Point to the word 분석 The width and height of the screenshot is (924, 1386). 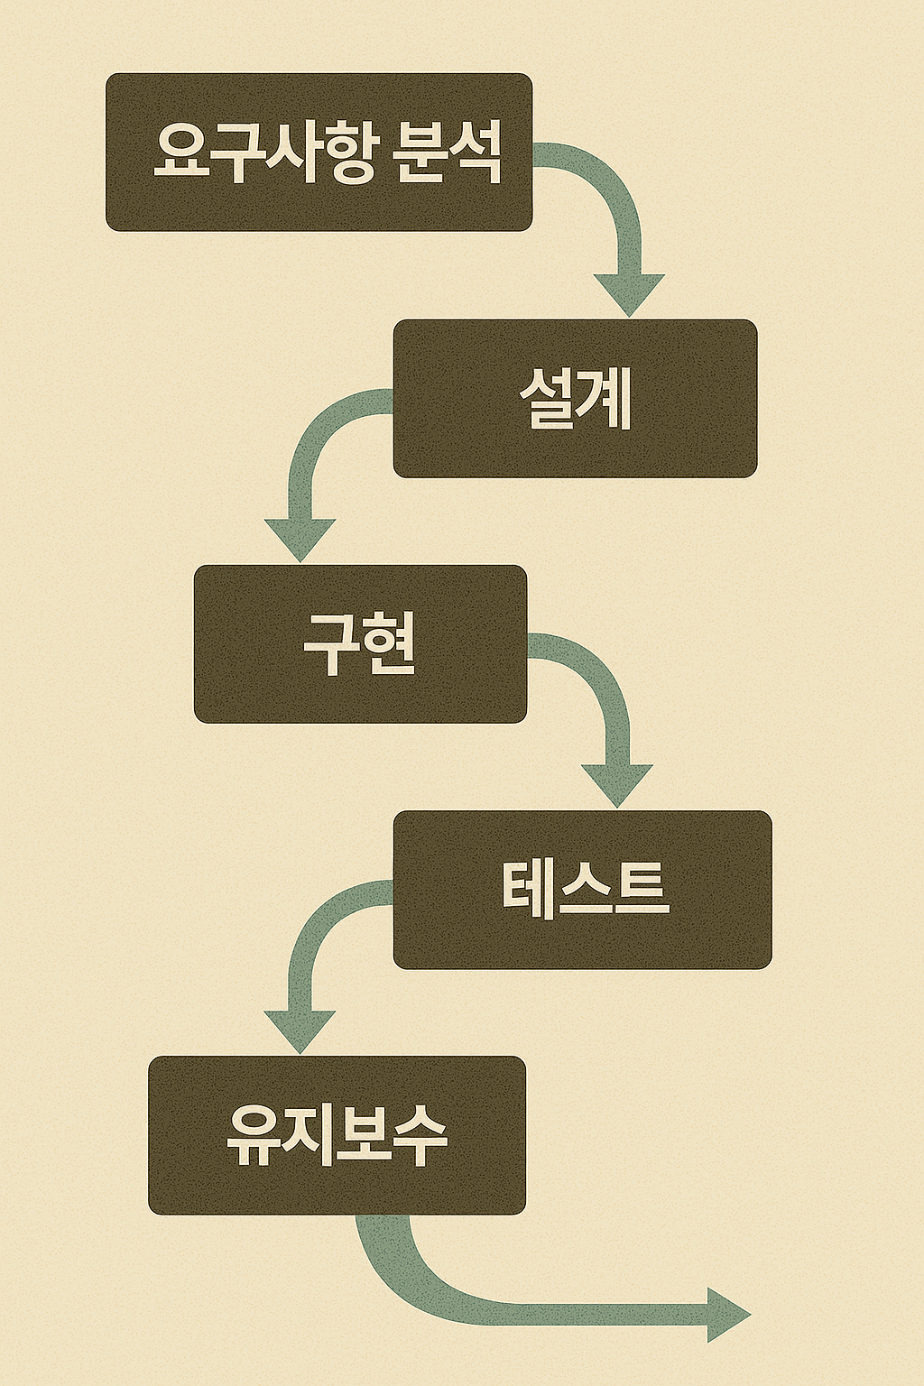click(x=448, y=152)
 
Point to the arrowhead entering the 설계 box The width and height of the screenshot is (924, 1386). click(x=629, y=293)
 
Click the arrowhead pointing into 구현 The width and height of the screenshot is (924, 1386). click(x=300, y=539)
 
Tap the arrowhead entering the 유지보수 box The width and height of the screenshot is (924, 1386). click(x=300, y=1030)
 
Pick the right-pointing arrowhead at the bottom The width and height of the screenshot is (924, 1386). click(x=727, y=1315)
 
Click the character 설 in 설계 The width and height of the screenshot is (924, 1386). click(x=548, y=398)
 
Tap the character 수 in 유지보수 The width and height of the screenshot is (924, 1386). click(x=420, y=1135)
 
